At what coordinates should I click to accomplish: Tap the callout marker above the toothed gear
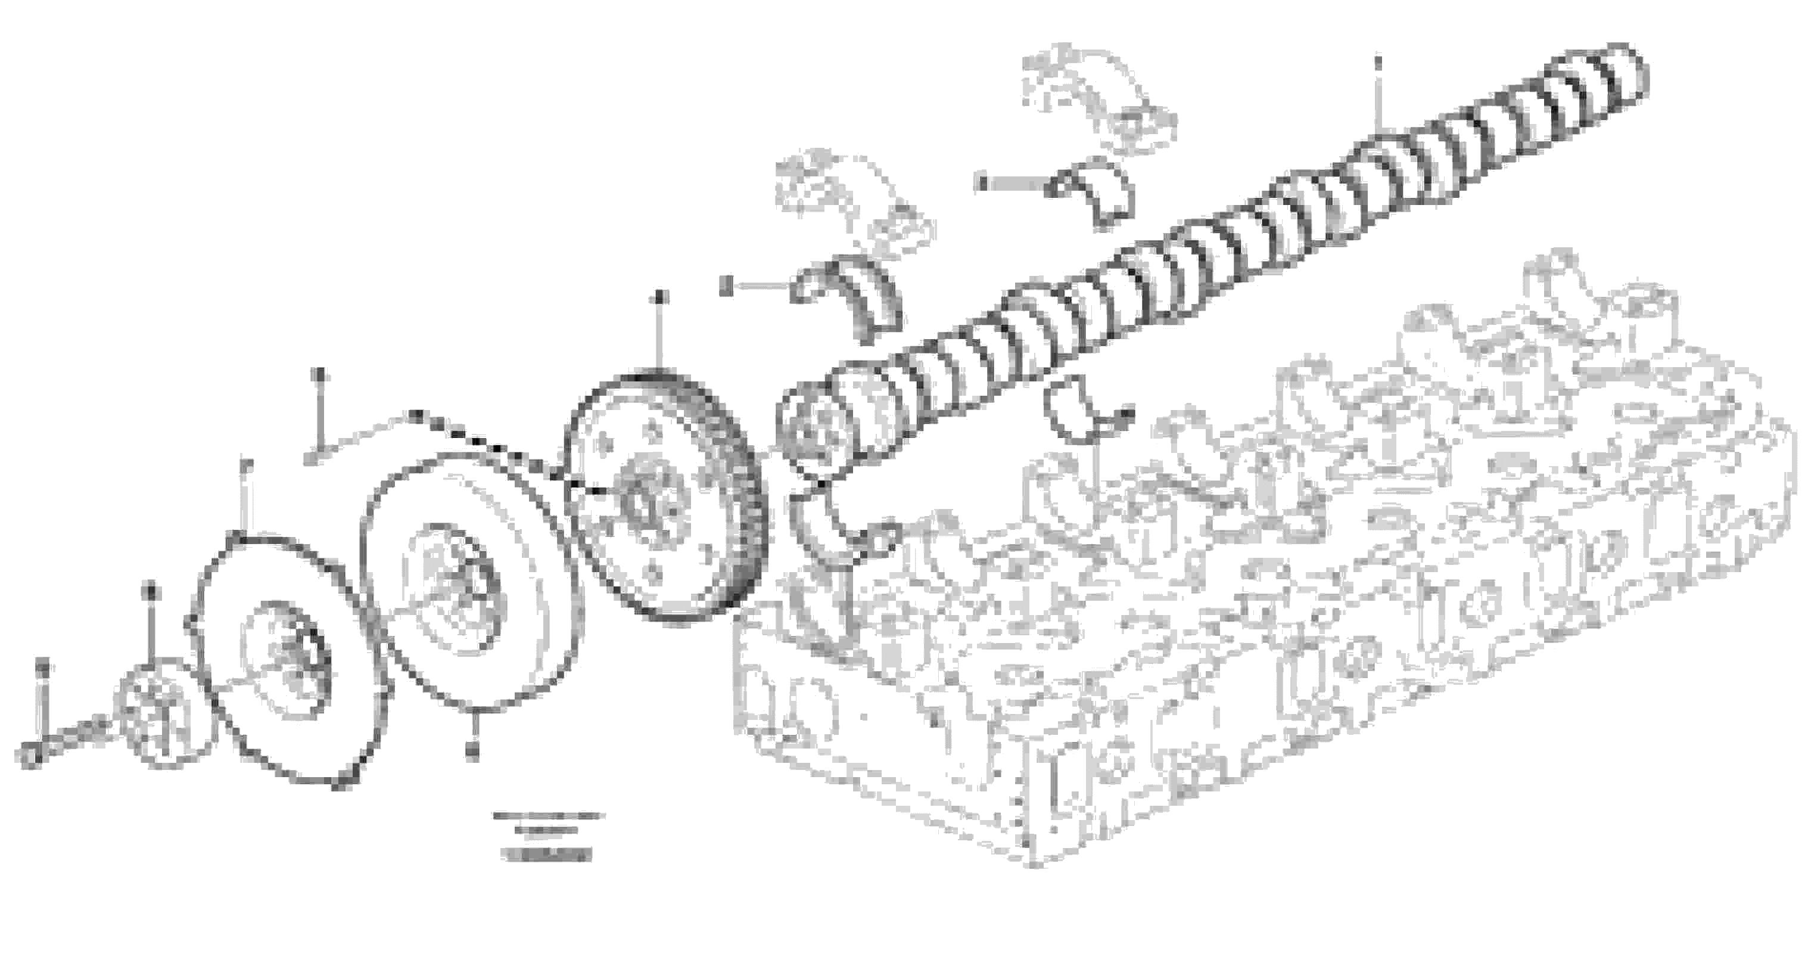[x=659, y=297]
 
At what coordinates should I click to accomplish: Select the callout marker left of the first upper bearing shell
[x=727, y=285]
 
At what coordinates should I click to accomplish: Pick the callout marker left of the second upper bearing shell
[x=981, y=184]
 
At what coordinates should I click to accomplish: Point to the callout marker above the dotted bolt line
[x=319, y=373]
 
